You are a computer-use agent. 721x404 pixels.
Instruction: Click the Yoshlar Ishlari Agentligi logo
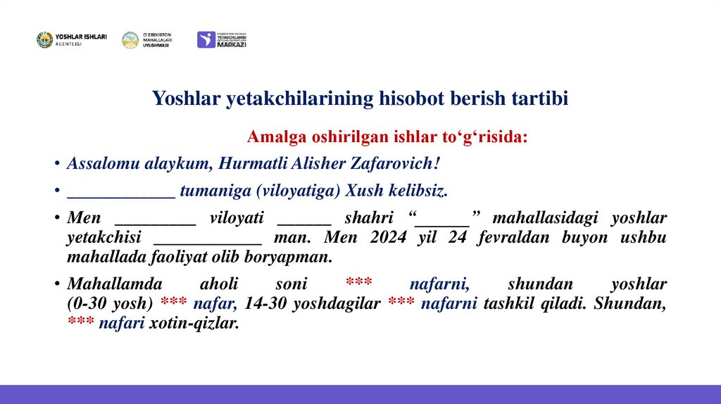point(71,40)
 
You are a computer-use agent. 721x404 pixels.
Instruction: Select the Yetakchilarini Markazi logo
point(222,39)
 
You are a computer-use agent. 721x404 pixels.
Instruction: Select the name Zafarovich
point(399,163)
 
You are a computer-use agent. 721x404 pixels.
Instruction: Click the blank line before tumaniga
point(120,191)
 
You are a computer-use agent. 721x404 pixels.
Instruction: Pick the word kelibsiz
point(416,191)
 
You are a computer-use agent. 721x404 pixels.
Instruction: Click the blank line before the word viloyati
point(155,219)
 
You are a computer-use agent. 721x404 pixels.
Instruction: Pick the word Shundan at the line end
point(637,304)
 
